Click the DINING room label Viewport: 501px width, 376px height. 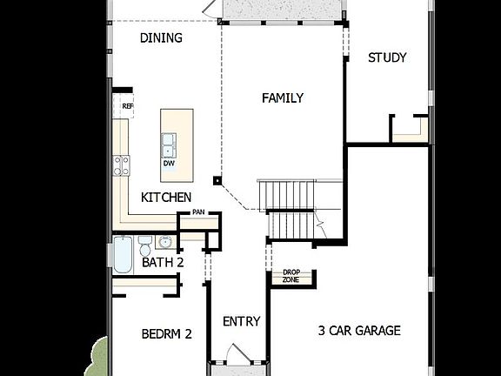161,37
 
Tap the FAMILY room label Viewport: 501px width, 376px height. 283,98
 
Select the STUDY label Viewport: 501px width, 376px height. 387,58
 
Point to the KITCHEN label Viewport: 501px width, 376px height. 166,198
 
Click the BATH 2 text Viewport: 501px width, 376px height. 164,261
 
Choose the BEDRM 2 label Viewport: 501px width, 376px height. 166,332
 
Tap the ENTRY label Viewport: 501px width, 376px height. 241,321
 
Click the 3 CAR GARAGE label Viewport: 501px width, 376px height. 359,330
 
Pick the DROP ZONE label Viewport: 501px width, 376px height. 291,276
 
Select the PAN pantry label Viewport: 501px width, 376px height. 198,211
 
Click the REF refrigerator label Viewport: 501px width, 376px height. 127,107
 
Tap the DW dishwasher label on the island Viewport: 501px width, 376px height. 168,162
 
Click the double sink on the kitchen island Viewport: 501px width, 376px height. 168,142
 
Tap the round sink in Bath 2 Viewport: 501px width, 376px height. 164,240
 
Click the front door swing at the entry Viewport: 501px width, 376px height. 235,354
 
